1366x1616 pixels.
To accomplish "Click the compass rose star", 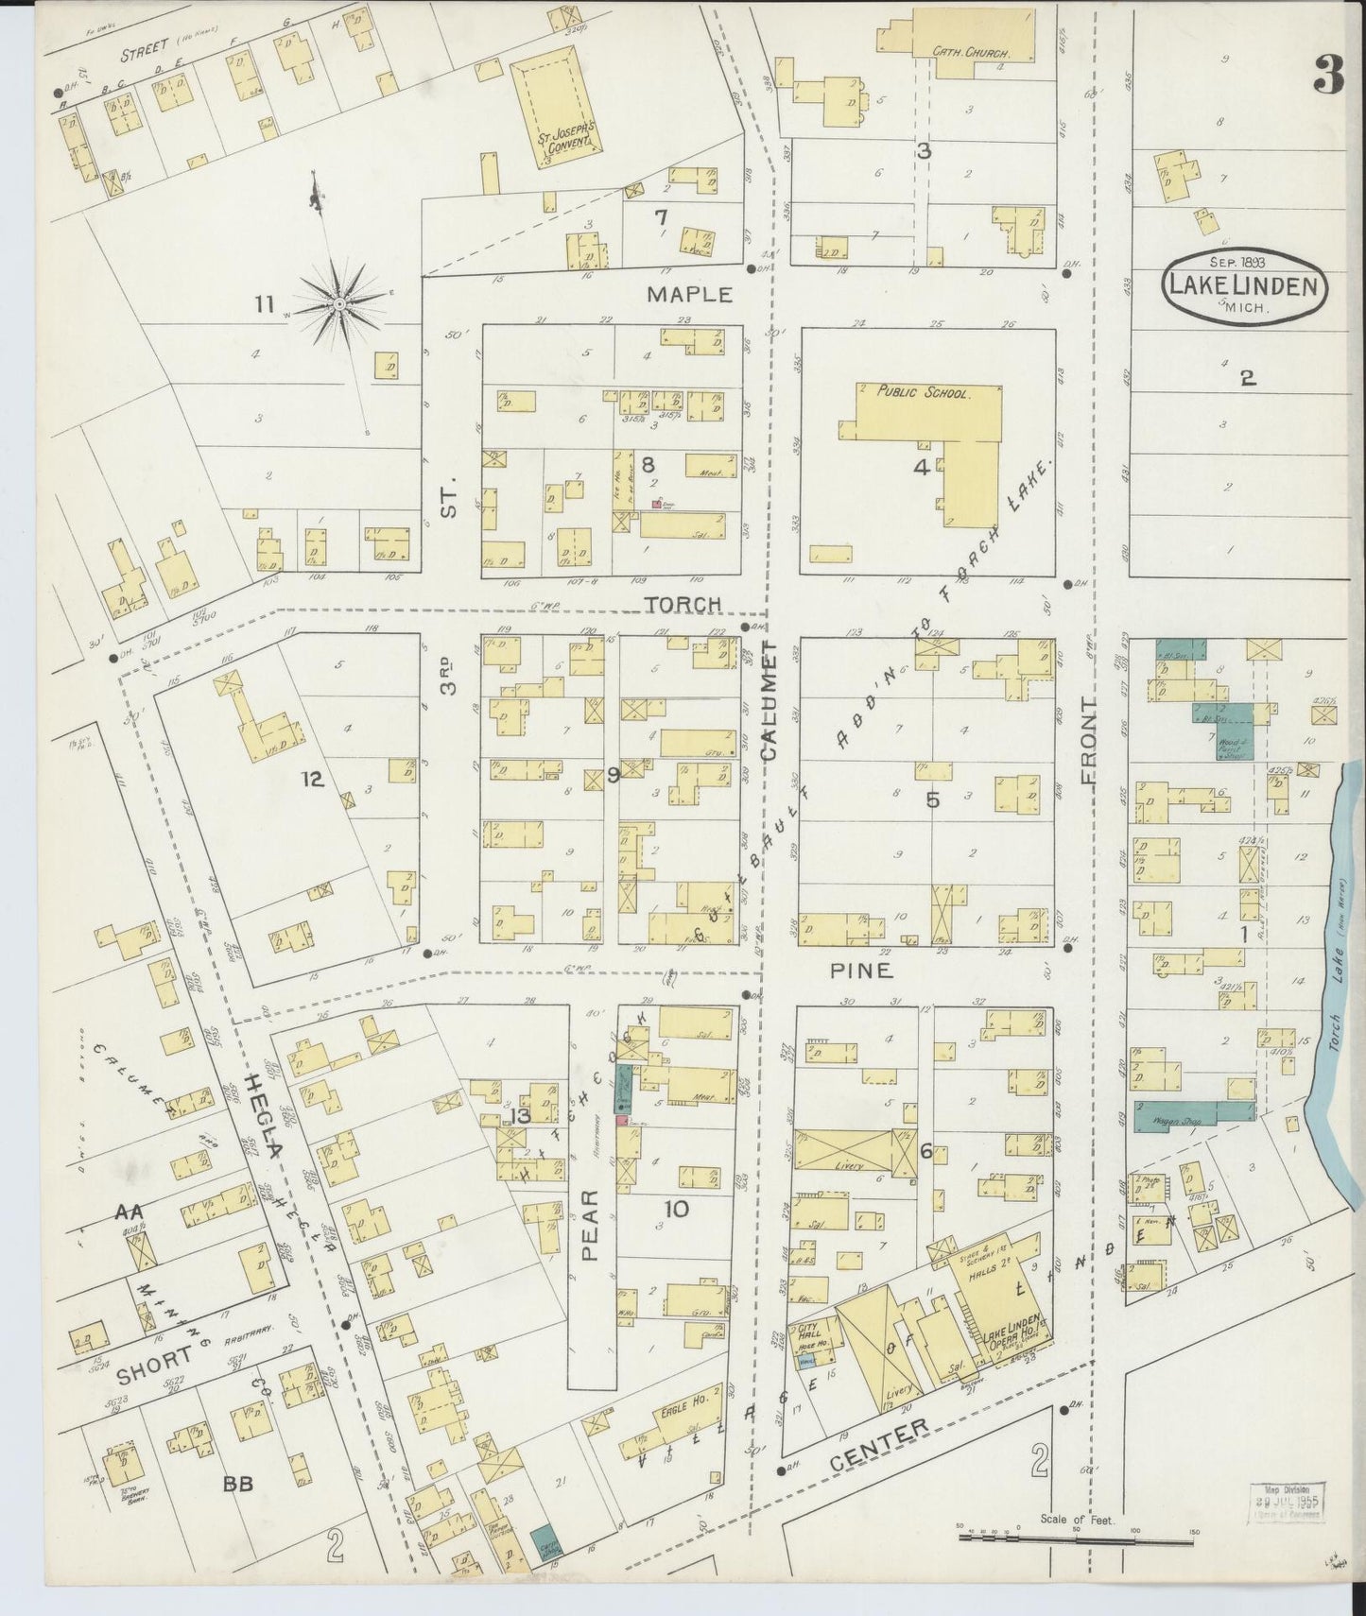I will [337, 304].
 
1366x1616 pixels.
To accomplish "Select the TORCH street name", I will [683, 603].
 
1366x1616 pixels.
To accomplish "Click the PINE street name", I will [861, 970].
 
